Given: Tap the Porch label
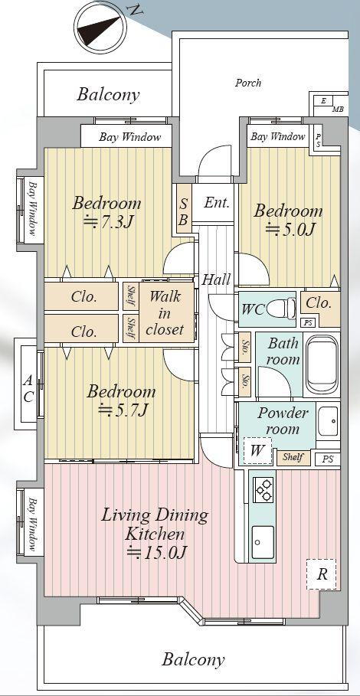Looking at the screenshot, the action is (248, 83).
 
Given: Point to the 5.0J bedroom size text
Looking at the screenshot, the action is (290, 229).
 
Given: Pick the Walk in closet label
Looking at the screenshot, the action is (164, 313).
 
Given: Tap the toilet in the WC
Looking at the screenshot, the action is (283, 307).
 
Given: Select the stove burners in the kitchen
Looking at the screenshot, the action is (263, 489).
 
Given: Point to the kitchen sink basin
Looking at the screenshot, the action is (263, 541).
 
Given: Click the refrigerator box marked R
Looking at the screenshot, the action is (321, 574).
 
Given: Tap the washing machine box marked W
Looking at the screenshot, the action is (257, 451).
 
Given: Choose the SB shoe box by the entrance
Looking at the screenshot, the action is (183, 212).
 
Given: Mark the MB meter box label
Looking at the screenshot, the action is (338, 109).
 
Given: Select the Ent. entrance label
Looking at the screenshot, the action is (217, 204).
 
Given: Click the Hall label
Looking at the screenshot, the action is (217, 279).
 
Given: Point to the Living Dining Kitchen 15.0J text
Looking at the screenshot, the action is (155, 534).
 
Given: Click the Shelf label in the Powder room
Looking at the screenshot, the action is (293, 457).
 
